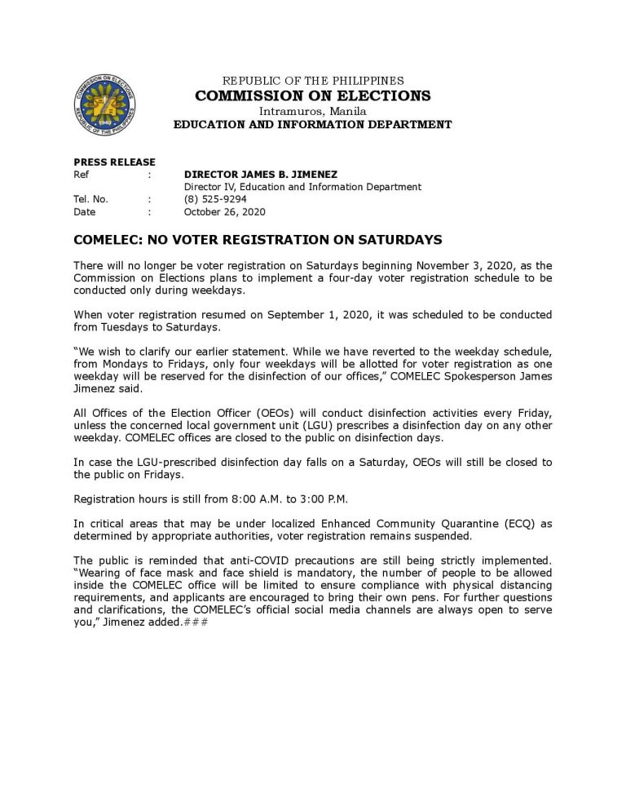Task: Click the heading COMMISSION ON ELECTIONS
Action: click(x=313, y=95)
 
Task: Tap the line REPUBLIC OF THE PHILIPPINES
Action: click(x=313, y=81)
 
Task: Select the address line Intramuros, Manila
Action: click(x=313, y=110)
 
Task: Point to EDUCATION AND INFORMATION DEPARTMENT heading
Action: click(x=313, y=125)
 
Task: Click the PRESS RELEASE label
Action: click(x=114, y=162)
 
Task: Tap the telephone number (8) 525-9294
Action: click(x=215, y=199)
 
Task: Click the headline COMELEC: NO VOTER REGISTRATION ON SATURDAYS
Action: click(x=258, y=240)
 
